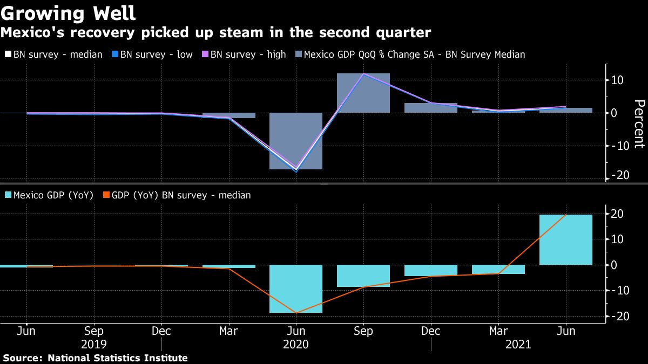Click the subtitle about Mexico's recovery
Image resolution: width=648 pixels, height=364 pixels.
click(215, 33)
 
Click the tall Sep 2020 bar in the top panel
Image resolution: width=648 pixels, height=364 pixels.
click(363, 93)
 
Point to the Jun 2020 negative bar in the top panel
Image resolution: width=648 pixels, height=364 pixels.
click(296, 141)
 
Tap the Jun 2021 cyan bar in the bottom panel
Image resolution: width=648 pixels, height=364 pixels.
click(565, 239)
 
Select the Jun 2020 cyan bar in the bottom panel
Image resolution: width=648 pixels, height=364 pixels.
click(296, 289)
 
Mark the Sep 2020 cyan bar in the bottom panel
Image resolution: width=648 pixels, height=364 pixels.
click(363, 276)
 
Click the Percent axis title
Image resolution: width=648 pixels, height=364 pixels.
click(639, 124)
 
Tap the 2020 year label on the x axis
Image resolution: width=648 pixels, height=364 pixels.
click(296, 345)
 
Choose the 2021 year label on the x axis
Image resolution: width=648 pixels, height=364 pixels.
click(518, 345)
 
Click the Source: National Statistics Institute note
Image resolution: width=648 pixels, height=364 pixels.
click(95, 358)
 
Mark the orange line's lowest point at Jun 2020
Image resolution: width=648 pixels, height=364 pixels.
click(296, 313)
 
